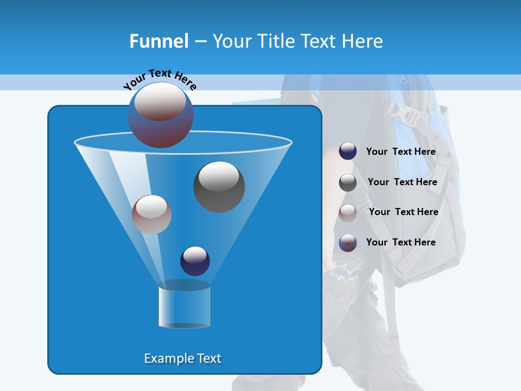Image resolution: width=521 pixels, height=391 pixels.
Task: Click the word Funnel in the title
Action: point(158,41)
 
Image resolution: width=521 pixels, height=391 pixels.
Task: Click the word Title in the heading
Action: point(276,41)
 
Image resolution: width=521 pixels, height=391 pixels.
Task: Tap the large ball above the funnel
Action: point(160,115)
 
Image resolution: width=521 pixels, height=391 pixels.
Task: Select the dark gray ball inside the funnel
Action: point(219,186)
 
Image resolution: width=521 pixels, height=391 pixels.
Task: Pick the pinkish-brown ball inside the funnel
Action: point(151,215)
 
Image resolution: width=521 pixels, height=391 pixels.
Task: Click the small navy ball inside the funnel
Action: point(195,261)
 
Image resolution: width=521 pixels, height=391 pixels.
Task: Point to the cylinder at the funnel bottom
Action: point(184,305)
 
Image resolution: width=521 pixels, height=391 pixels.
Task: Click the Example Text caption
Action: point(182,358)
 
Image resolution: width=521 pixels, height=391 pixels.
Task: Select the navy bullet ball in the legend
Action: point(348,152)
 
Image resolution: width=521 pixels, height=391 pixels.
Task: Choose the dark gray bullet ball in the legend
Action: point(348,182)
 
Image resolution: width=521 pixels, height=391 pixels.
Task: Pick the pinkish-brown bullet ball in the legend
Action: point(348,213)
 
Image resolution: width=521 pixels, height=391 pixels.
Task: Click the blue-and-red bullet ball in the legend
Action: point(348,243)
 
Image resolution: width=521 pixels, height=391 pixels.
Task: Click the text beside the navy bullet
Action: point(401,152)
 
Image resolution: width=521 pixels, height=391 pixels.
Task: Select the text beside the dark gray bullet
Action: point(402,182)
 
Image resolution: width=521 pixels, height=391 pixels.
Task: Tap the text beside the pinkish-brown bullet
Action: point(403,212)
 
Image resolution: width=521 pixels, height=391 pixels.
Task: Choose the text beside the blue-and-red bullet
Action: point(401,242)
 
